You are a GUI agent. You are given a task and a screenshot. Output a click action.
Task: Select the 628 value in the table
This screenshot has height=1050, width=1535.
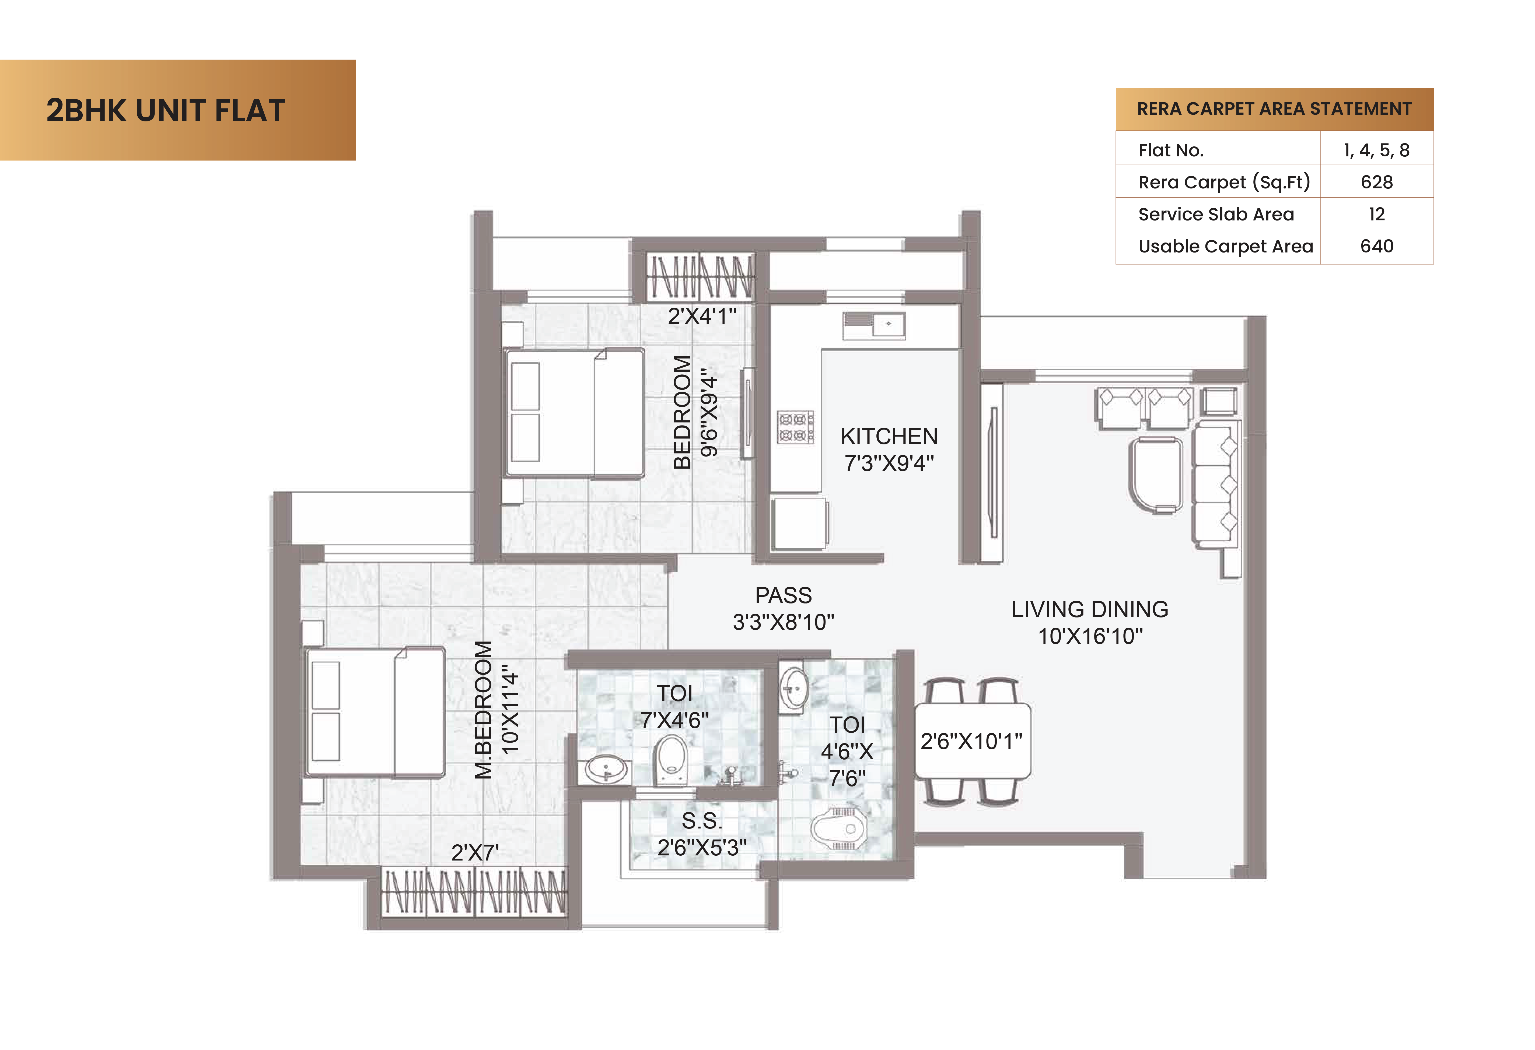(1376, 182)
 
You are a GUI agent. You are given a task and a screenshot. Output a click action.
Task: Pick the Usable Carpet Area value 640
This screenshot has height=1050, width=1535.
(1376, 246)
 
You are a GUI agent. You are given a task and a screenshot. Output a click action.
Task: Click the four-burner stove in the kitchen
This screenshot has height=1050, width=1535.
(795, 427)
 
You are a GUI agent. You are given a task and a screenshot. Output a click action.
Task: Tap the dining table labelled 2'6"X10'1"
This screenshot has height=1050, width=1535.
(972, 741)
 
